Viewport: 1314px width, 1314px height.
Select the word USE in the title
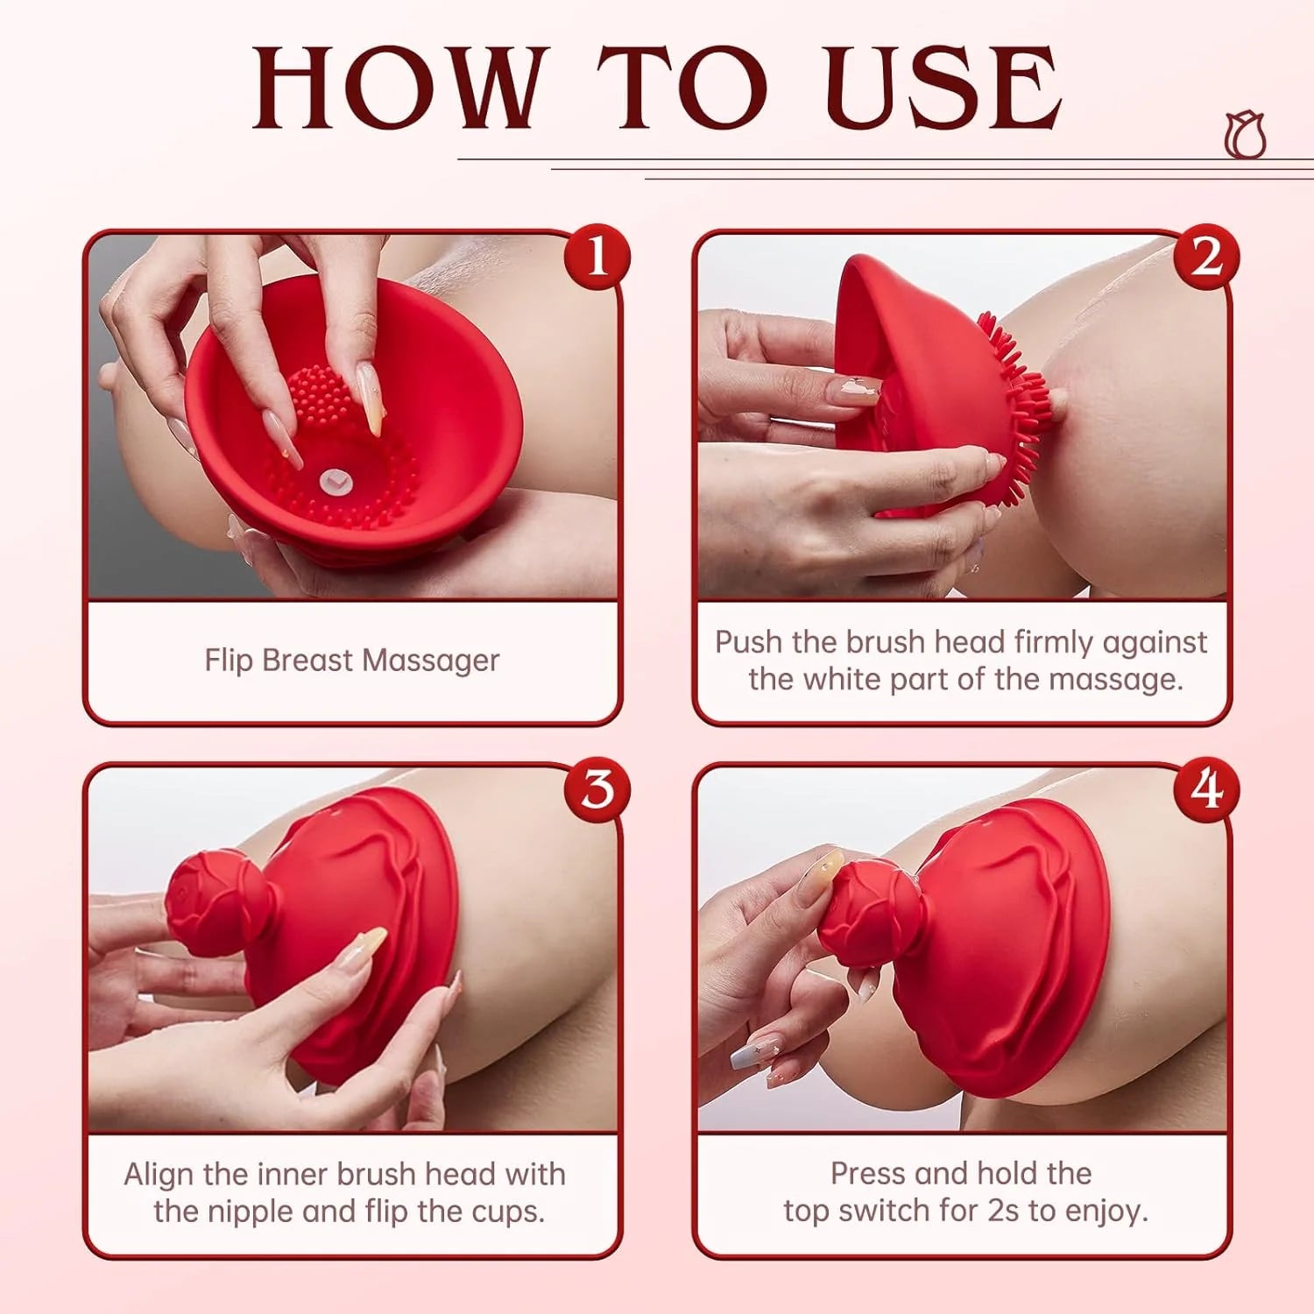(x=943, y=88)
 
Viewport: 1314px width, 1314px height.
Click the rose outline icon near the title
(x=1245, y=136)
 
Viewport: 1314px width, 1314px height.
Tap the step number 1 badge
(x=597, y=258)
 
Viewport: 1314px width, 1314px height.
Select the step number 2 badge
(x=1206, y=258)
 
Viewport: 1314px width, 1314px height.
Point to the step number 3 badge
(x=597, y=788)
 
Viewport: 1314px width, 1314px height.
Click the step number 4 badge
(x=1206, y=788)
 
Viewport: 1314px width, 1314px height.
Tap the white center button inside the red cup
(x=334, y=479)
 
